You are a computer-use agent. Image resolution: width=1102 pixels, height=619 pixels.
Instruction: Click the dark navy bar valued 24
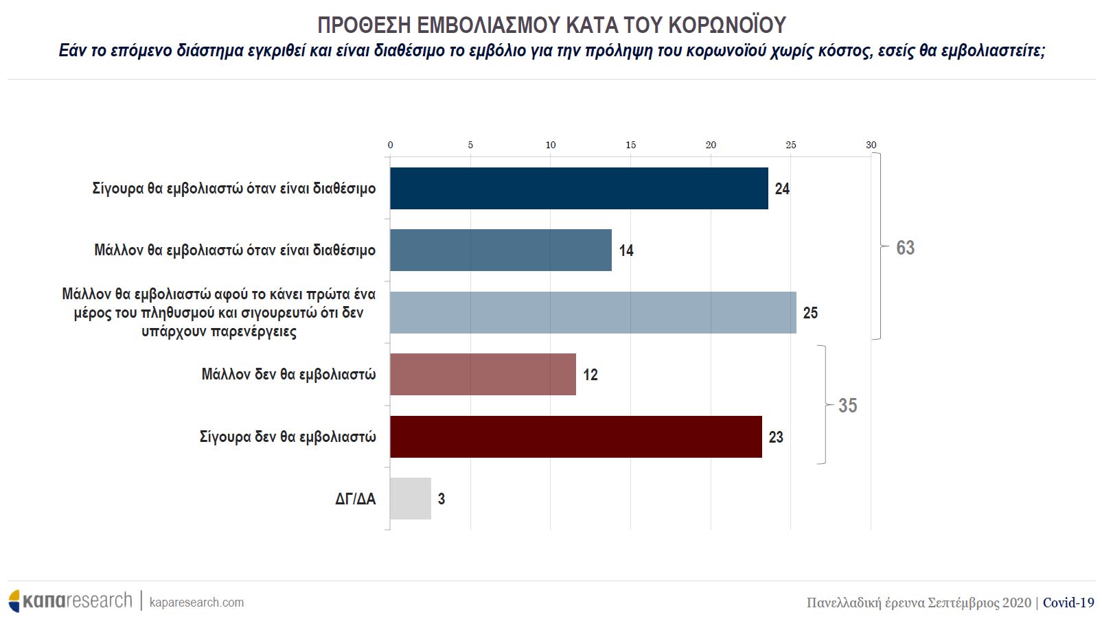[579, 188]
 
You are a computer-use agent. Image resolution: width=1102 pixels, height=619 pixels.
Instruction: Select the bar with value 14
[501, 250]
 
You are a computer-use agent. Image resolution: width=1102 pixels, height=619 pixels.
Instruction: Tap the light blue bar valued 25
[593, 312]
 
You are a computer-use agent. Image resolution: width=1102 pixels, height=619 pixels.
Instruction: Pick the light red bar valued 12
[483, 374]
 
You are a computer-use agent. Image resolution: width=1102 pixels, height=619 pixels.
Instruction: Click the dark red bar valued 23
[575, 436]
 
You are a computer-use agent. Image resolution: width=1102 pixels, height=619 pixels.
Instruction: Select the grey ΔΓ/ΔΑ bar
[410, 498]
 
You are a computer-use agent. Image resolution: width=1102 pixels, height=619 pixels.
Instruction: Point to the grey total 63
[905, 248]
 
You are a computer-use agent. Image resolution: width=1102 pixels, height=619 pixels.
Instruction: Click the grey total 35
[847, 406]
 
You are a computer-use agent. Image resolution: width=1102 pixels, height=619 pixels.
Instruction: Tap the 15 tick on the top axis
[630, 145]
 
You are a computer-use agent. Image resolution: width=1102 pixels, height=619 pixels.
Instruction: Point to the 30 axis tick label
[871, 145]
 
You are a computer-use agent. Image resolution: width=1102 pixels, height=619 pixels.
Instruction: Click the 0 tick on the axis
[390, 145]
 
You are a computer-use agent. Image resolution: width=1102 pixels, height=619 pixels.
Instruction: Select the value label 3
[441, 499]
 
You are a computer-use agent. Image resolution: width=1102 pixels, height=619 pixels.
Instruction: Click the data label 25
[810, 313]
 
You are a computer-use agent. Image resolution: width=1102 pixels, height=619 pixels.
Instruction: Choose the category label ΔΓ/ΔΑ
[355, 499]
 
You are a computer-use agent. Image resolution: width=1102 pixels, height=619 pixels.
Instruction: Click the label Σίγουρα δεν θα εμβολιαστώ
[288, 436]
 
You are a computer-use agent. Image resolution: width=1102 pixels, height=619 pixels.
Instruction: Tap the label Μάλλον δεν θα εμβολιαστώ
[288, 374]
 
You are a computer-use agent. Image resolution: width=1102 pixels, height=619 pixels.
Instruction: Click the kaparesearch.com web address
[196, 602]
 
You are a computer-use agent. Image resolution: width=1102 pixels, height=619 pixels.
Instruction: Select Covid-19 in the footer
[1068, 603]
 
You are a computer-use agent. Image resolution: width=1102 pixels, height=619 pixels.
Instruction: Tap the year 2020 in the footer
[1016, 603]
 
